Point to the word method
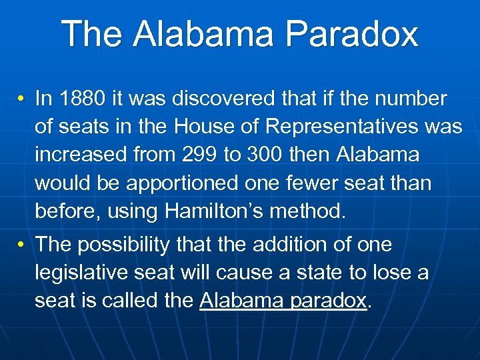click(312, 211)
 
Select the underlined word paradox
click(329, 301)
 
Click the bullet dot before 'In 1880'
click(22, 99)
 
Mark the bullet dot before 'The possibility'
click(22, 245)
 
